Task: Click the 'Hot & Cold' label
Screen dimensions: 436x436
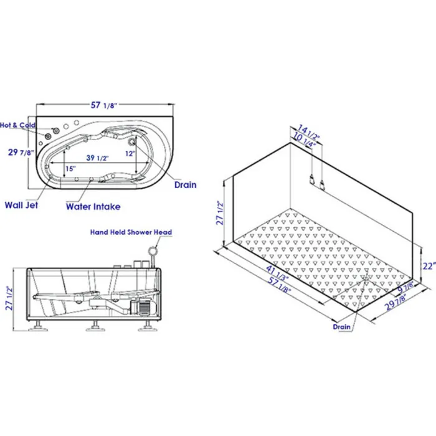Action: coord(17,125)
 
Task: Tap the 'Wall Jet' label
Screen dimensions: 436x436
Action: coord(21,205)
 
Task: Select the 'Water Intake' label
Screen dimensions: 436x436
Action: coord(93,207)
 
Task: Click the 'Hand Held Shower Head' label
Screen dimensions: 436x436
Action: coord(131,232)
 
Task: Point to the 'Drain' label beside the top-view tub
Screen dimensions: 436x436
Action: coord(185,185)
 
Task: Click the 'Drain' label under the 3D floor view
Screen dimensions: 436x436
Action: coord(341,326)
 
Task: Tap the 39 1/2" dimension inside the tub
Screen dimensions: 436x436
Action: coord(97,158)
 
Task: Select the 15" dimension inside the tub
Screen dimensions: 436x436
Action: coord(70,169)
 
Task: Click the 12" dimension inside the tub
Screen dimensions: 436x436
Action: coord(130,153)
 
